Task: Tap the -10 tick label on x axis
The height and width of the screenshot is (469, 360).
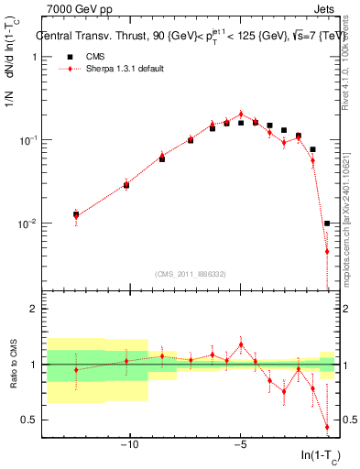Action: (x=129, y=445)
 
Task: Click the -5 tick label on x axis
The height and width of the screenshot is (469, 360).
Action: (x=240, y=445)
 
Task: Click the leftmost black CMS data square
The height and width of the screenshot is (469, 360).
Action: (x=76, y=215)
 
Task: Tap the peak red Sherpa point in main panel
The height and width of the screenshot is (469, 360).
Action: (x=241, y=115)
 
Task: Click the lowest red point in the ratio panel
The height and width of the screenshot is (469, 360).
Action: (x=327, y=427)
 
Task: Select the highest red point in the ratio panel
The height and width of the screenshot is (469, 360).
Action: (x=241, y=344)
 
